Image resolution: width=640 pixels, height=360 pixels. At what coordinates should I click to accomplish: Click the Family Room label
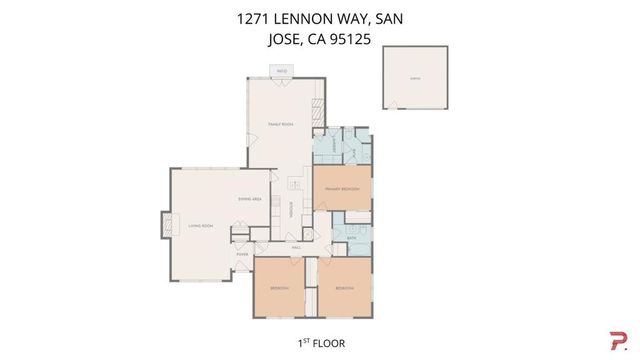280,124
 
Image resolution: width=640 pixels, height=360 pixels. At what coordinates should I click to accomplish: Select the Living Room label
201,226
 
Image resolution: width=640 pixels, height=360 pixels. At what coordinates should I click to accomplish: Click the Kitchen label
291,210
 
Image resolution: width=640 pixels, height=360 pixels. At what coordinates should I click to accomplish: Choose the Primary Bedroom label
342,188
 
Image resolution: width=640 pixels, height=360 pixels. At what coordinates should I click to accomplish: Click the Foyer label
242,254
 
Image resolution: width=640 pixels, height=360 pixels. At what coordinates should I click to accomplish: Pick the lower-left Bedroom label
279,288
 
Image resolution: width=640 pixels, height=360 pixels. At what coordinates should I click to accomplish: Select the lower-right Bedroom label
345,288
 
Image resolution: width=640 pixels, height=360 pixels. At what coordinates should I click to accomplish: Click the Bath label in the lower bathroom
352,237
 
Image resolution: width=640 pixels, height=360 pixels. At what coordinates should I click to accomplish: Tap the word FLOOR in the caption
328,342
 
